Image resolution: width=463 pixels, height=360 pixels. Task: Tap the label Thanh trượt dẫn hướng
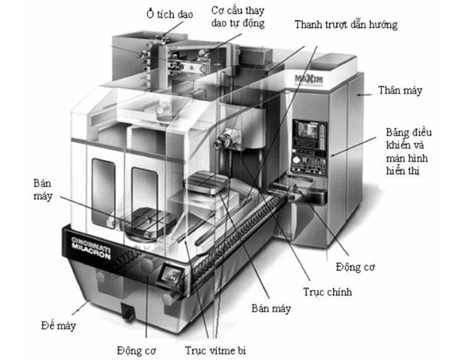click(x=345, y=25)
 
